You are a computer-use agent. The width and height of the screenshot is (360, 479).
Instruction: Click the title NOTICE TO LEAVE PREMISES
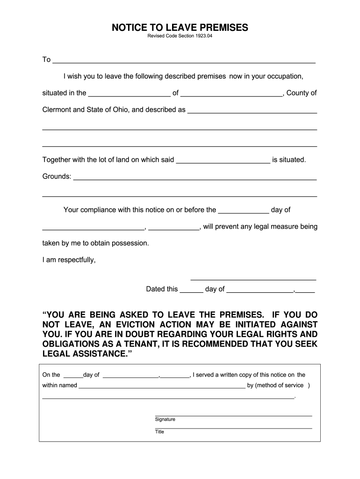coord(180,28)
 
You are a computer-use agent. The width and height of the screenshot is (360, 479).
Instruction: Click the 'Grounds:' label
coord(57,177)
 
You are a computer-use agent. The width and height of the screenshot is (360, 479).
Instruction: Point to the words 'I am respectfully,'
coord(69,260)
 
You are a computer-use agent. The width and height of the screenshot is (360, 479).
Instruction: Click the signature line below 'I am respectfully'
coord(253,279)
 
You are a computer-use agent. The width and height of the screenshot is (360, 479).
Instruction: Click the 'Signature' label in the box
coord(165,420)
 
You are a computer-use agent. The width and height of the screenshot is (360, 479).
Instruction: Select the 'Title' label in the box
coord(159,432)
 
